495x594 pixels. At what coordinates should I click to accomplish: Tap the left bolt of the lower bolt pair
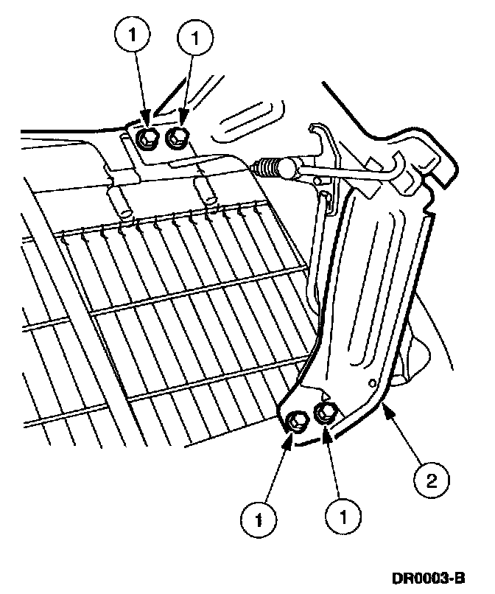point(296,421)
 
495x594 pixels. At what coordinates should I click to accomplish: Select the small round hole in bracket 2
point(373,382)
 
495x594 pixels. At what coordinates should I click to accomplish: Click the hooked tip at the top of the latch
point(315,129)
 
